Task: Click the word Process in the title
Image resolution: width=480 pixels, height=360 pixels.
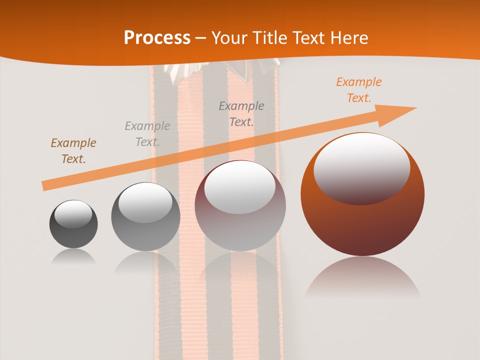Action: pyautogui.click(x=157, y=38)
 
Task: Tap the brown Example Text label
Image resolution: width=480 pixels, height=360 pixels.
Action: pyautogui.click(x=73, y=151)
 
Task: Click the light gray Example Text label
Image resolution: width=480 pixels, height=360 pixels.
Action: pyautogui.click(x=147, y=134)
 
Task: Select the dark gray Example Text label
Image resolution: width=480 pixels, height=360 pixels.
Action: pyautogui.click(x=241, y=114)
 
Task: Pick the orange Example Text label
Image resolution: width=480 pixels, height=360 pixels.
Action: pyautogui.click(x=358, y=90)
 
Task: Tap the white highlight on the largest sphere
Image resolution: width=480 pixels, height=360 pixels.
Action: pyautogui.click(x=361, y=167)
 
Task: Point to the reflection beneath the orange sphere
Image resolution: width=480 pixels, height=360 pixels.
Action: pyautogui.click(x=362, y=277)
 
